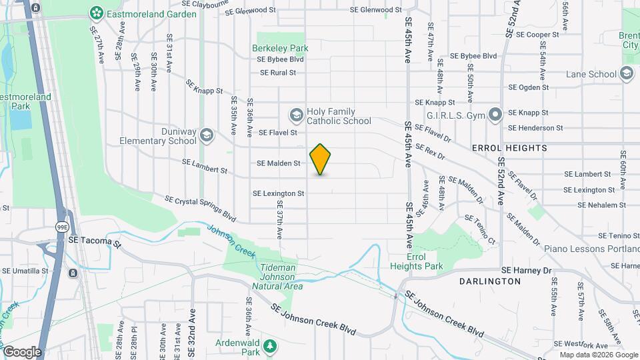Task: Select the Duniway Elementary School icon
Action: (207, 136)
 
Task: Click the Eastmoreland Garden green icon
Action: (97, 13)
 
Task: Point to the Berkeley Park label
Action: (280, 48)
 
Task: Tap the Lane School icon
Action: (626, 74)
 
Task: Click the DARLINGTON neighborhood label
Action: (490, 281)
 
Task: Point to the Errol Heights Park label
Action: (425, 261)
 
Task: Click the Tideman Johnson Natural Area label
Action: (277, 277)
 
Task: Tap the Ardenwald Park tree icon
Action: (270, 346)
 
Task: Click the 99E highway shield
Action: (61, 227)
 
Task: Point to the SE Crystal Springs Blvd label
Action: (201, 209)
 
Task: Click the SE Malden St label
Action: (279, 163)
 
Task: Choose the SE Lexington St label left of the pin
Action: (278, 193)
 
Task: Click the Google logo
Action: (21, 351)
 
